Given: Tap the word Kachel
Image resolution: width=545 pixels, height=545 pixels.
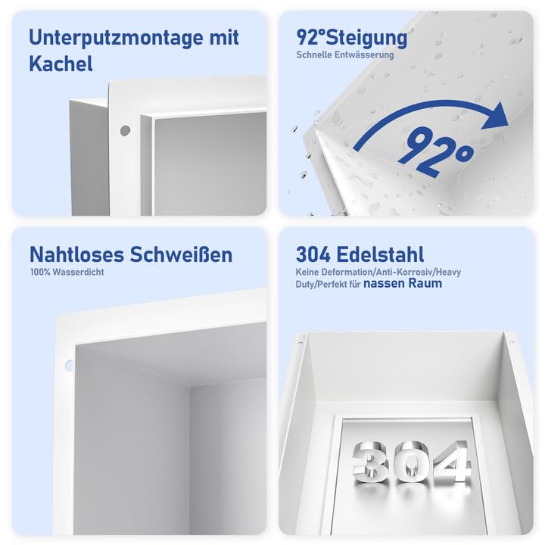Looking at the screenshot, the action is (x=61, y=64).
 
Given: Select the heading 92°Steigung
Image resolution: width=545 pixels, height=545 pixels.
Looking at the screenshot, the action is (x=351, y=39).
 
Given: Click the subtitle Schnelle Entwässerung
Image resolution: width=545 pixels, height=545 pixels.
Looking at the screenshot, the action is (x=345, y=55).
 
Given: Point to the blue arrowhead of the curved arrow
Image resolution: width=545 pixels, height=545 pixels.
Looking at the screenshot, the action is (x=497, y=117).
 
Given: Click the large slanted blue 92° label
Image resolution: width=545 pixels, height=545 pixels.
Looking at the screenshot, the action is (x=436, y=152).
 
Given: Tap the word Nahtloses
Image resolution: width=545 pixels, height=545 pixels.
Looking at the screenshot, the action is (x=76, y=255).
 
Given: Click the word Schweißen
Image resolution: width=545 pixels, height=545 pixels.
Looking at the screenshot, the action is (x=181, y=255).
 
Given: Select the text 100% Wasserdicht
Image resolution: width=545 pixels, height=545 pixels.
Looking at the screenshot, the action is (x=67, y=272).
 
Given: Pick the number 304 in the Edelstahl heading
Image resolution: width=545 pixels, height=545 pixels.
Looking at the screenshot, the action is (x=313, y=255).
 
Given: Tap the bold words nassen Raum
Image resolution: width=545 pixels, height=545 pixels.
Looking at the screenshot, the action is (x=403, y=283).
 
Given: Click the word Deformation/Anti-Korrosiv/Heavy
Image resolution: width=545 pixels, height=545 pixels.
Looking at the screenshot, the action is (x=394, y=272).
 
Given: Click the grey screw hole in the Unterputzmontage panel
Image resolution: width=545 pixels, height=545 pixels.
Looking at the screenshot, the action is (x=125, y=131).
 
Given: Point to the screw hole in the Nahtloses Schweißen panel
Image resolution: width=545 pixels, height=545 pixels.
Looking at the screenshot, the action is (x=69, y=366).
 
